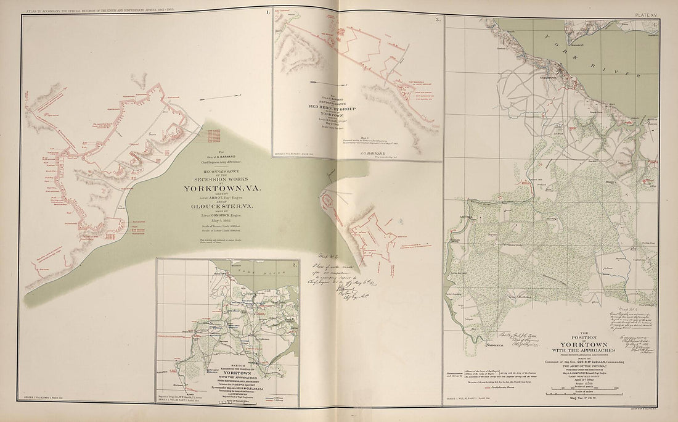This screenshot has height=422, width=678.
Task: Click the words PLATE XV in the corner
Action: [652, 10]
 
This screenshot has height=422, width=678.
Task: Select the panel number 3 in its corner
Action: [437, 20]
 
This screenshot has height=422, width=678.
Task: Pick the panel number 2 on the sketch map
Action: [295, 265]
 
